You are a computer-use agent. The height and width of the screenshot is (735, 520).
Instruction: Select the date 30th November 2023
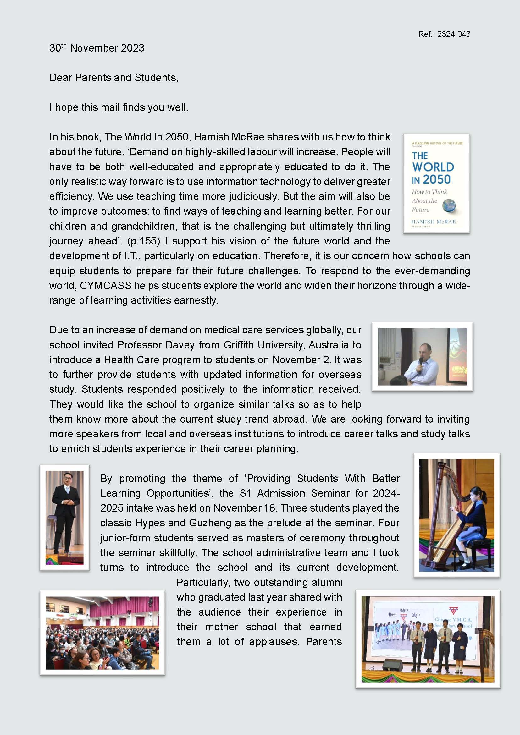click(x=97, y=48)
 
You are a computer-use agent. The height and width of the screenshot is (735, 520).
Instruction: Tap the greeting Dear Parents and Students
click(x=114, y=78)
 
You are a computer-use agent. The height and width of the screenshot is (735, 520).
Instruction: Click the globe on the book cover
click(x=449, y=206)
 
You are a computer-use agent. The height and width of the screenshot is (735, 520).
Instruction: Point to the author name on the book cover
click(x=433, y=222)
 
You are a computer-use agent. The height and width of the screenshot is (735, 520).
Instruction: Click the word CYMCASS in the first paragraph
click(x=106, y=285)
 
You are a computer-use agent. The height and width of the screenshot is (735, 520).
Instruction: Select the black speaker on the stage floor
click(x=393, y=665)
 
